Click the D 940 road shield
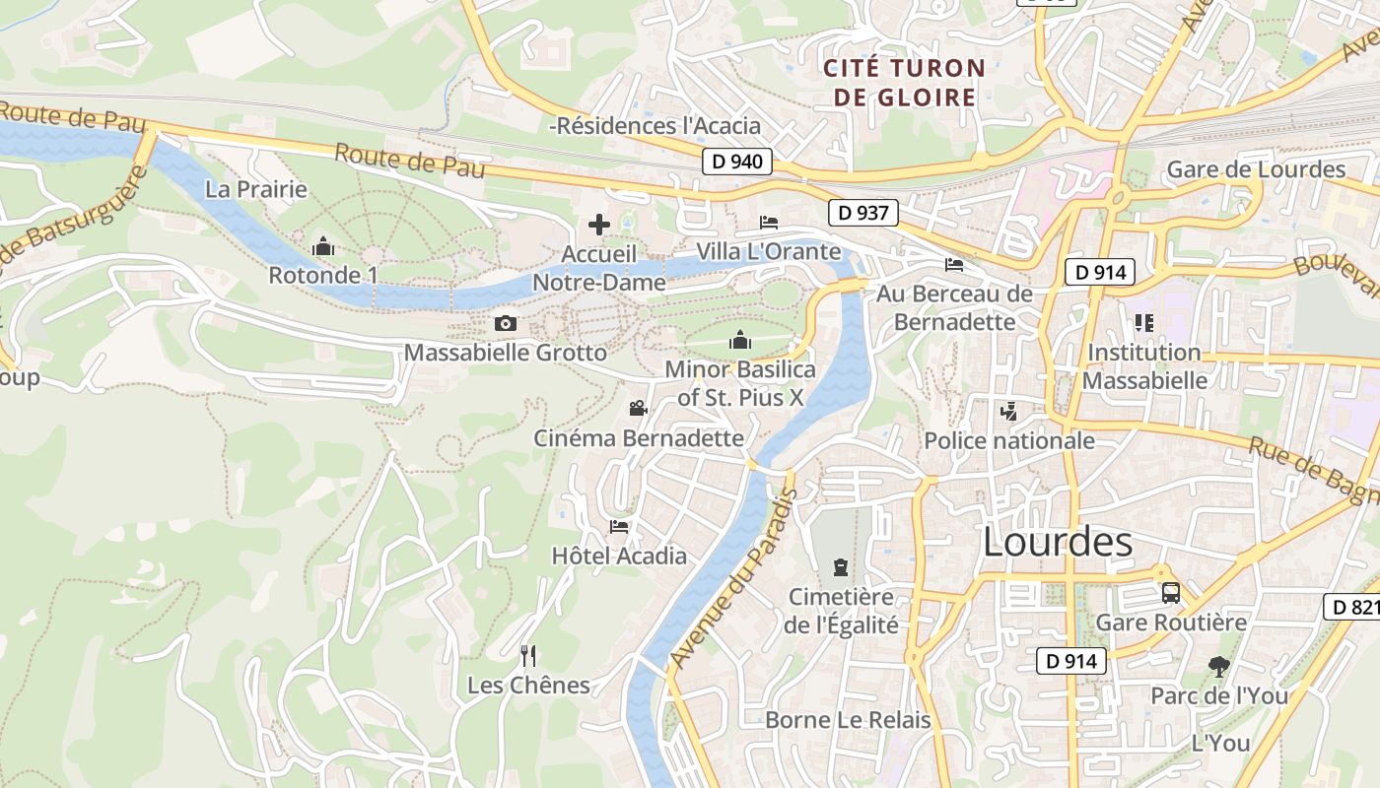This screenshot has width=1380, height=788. pos(736,162)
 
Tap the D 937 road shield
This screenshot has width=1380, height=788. pos(863,212)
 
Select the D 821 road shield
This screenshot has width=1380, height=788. pos(1352,607)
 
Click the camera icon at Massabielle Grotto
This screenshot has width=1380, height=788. pos(505,323)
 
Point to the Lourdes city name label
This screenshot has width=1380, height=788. pos(1058,542)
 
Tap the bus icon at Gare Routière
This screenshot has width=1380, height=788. pos(1171,593)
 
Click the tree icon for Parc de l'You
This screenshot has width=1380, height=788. pos(1219,667)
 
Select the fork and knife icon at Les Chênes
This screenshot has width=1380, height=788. pos(528,655)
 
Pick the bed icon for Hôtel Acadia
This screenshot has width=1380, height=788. pos(619,527)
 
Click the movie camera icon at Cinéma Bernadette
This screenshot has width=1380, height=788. pos(638,408)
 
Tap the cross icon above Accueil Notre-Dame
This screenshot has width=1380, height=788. pos(599,225)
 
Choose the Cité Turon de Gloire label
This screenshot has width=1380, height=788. pos(904,83)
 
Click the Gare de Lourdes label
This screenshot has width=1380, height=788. pos(1256,169)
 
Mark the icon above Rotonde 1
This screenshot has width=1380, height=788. pos(322,246)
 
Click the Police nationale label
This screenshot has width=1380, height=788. pos(1009,440)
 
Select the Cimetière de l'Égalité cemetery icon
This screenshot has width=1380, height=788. pos(840,567)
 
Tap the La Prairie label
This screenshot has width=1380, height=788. pos(256,189)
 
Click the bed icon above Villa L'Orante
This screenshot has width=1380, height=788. pos(769,223)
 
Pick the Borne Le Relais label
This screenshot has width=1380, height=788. pos(848,720)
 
